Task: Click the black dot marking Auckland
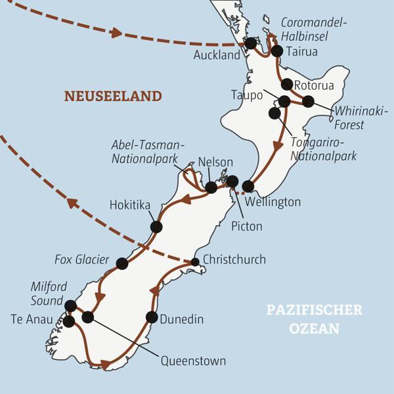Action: click(251, 43)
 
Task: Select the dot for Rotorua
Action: click(287, 84)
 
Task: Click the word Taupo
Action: click(247, 95)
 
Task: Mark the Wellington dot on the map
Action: click(248, 186)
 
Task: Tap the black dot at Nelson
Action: click(211, 187)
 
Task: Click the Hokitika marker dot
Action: click(156, 227)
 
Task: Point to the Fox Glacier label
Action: click(82, 260)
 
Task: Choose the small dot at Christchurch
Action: click(195, 262)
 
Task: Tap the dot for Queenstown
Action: click(87, 317)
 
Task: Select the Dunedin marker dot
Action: click(152, 317)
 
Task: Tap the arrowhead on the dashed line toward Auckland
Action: click(116, 32)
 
